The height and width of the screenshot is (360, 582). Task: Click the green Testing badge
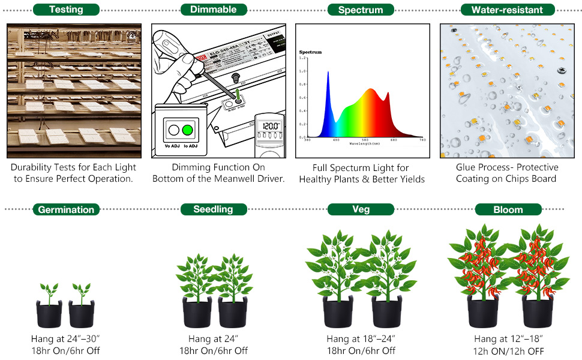66,10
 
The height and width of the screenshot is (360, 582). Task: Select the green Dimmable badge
213,9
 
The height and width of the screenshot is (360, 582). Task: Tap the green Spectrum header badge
361,10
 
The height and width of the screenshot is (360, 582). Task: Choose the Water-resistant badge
507,10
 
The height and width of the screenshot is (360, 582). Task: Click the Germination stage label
66,209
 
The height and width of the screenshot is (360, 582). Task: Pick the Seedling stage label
213,209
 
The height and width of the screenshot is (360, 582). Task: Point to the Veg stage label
361,209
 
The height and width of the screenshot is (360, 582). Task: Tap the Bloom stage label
508,209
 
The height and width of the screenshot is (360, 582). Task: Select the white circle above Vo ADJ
174,130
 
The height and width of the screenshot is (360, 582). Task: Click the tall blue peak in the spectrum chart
328,75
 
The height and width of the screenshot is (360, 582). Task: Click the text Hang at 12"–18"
508,339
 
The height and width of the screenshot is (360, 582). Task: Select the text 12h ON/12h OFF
508,351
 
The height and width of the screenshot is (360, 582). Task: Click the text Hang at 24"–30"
65,339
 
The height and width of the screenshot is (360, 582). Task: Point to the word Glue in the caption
467,167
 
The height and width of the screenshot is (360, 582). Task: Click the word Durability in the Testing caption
34,167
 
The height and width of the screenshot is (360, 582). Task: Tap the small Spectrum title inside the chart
310,52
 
